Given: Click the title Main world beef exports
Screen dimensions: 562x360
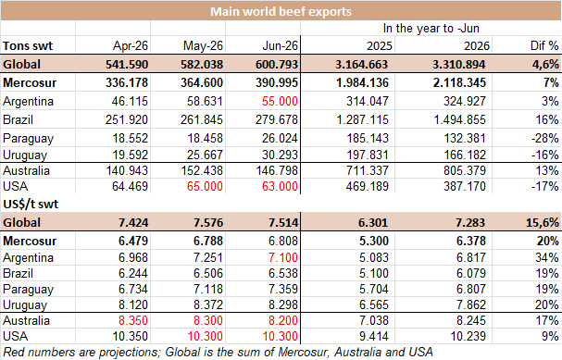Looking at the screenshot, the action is [x=281, y=11].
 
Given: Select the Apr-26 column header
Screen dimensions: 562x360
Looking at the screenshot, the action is [x=131, y=45].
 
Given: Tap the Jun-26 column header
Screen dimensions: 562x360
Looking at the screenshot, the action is [x=280, y=45].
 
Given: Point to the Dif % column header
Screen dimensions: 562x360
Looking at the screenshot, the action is [x=544, y=45].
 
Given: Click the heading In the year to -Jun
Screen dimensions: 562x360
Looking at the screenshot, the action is [x=431, y=28].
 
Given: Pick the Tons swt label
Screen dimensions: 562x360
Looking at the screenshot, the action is [x=28, y=46].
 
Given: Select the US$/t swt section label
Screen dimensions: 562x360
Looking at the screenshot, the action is [x=31, y=204].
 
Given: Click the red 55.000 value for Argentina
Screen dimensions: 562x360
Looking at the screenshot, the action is [x=280, y=101].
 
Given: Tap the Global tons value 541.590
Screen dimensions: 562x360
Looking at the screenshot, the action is [x=127, y=64].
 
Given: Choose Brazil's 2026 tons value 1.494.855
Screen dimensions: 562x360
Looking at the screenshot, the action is [x=459, y=119].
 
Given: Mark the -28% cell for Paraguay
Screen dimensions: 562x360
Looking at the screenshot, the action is [x=544, y=138].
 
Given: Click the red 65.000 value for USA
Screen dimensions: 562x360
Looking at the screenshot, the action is [x=205, y=186].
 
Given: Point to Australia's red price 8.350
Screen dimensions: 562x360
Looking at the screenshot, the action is [x=133, y=320].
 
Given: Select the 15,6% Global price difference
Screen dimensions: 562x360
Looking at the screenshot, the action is [x=543, y=222].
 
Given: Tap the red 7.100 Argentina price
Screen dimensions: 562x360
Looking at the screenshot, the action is [x=283, y=257].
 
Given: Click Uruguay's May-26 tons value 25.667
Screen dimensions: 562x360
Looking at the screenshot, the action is [x=205, y=155].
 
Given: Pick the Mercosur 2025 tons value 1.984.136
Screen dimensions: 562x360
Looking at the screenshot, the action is [x=362, y=82].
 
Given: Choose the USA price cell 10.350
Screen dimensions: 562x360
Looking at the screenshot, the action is [x=130, y=336].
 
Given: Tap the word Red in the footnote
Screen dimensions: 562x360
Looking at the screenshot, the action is [x=13, y=352].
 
